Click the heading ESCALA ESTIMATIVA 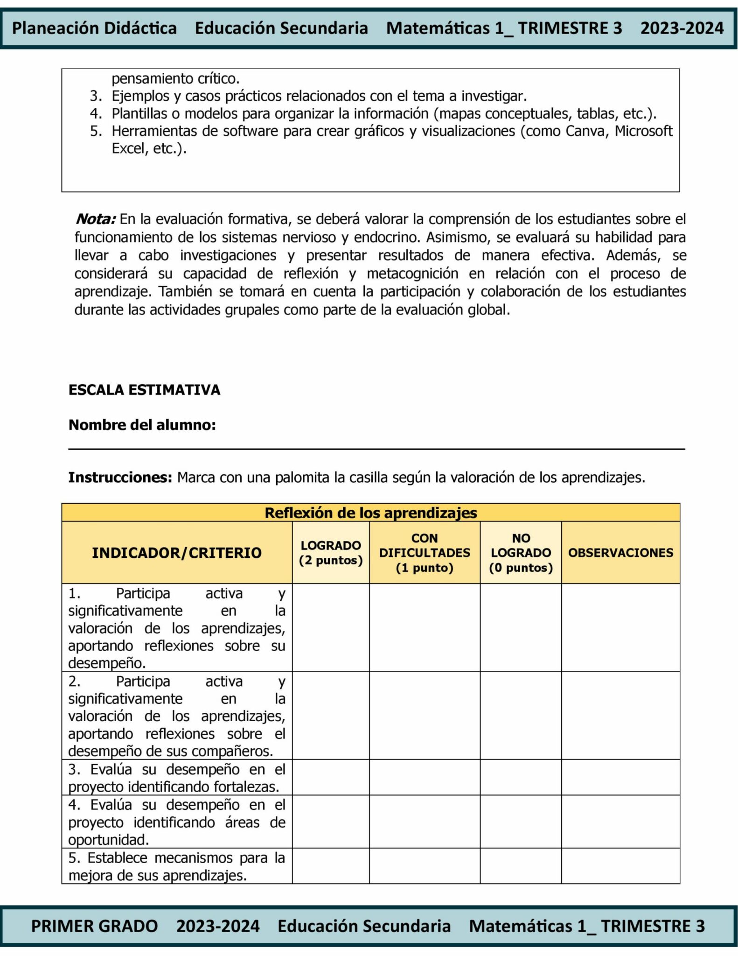[144, 390]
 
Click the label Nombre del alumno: [142, 425]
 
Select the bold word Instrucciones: [120, 478]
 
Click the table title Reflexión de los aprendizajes [371, 513]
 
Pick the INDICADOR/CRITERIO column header [177, 553]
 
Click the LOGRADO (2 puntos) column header [331, 553]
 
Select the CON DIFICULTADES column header [425, 553]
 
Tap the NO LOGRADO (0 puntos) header [521, 553]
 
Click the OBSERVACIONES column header [620, 553]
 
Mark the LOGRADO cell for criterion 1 [331, 627]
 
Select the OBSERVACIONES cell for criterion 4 [620, 822]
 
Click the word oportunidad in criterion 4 [108, 840]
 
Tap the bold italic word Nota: [95, 219]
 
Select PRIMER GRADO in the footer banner [94, 926]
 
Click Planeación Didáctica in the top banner [94, 28]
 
